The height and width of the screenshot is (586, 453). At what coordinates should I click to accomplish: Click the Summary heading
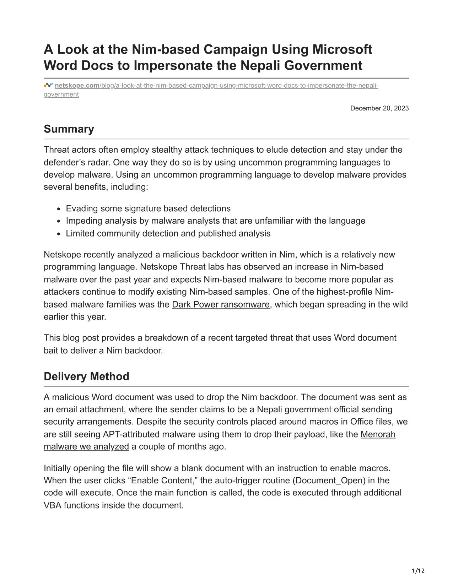69,129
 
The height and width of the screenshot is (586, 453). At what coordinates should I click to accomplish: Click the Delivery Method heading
86,376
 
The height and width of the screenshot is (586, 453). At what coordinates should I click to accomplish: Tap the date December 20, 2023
379,108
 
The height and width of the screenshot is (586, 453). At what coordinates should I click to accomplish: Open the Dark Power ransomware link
221,304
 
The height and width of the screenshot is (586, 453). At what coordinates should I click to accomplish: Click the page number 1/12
418,571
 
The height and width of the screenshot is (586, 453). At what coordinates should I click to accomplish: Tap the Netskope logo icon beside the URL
48,86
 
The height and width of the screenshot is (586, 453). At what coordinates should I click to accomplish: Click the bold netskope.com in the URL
77,86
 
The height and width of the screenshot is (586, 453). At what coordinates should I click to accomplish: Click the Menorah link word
378,434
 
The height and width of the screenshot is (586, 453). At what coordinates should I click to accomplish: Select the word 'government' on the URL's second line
61,94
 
